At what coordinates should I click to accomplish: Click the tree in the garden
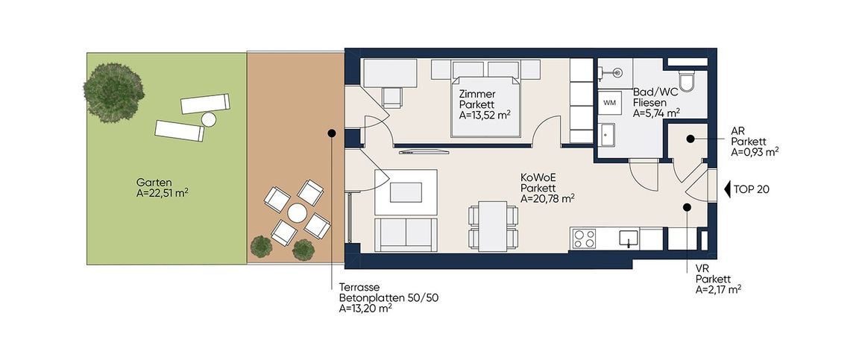(113, 92)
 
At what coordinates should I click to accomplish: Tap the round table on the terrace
(297, 212)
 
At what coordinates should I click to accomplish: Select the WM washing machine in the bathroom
(609, 103)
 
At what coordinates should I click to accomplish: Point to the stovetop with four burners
(584, 239)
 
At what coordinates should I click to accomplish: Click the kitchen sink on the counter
(629, 239)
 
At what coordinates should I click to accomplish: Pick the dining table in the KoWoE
(493, 226)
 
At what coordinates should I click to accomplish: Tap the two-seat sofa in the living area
(406, 234)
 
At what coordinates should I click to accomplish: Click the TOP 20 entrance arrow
(727, 189)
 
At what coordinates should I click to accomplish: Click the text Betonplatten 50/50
(389, 298)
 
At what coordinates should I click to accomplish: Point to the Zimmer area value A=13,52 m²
(484, 116)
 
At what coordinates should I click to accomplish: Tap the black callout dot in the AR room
(690, 139)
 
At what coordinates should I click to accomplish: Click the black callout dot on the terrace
(332, 133)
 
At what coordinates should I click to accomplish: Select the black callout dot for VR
(687, 207)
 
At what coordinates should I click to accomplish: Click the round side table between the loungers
(209, 119)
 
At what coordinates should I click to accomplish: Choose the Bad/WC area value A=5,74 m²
(656, 113)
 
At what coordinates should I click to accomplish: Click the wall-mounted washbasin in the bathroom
(616, 72)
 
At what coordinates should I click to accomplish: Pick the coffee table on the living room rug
(406, 192)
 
